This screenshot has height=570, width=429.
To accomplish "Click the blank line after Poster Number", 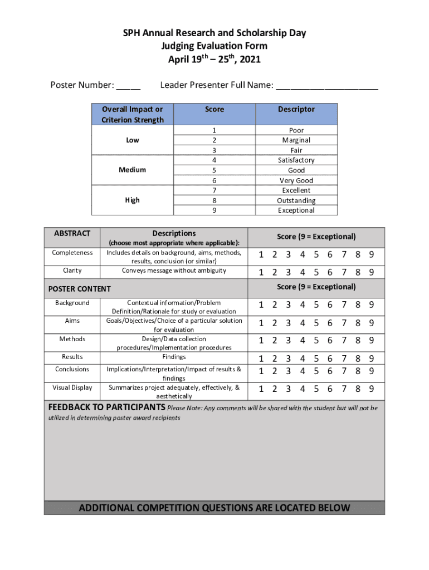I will (x=129, y=86).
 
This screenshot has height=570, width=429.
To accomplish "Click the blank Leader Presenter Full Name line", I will (x=327, y=86).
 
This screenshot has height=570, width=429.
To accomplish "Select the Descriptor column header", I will (x=296, y=110).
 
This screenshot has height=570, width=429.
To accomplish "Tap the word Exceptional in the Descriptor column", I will (x=296, y=210).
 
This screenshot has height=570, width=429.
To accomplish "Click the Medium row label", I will (x=133, y=170).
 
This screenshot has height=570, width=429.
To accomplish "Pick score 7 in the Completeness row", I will (x=343, y=255).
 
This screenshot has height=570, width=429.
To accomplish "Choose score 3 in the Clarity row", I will (x=289, y=273).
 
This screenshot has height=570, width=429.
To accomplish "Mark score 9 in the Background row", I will (x=371, y=305).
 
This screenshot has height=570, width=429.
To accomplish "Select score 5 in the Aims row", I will (x=316, y=323).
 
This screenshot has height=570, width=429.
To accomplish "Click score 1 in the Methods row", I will (x=261, y=340).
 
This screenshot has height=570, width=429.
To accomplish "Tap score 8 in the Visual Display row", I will (x=357, y=389).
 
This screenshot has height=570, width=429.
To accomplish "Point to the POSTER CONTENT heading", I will (x=80, y=289).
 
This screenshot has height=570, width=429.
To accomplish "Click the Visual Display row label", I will (x=72, y=387).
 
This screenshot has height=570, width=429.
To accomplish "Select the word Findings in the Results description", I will (x=174, y=357).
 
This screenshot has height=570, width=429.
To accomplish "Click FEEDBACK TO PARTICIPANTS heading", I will (x=105, y=407).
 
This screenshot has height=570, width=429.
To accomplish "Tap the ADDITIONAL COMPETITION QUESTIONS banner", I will (x=214, y=508).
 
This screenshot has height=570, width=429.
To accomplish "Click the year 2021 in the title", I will (x=249, y=60).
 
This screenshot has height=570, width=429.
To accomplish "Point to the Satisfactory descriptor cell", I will (x=296, y=160).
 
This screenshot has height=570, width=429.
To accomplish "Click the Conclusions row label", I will (x=72, y=370).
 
